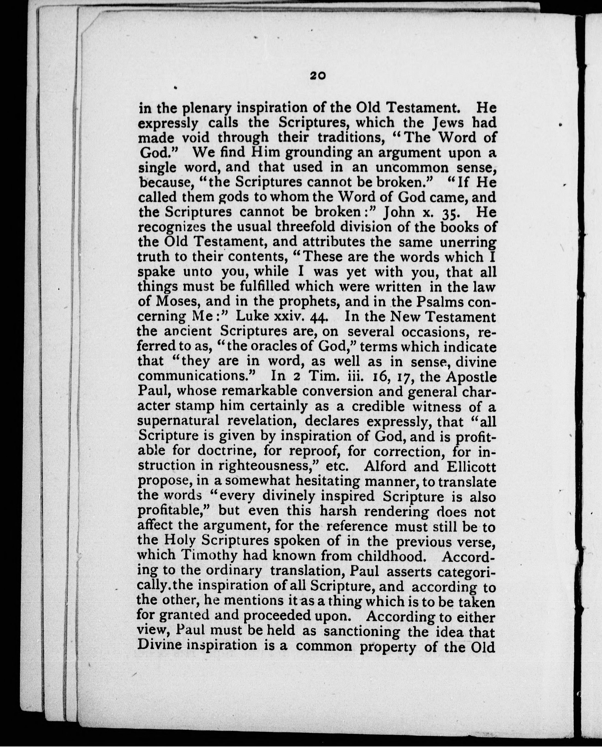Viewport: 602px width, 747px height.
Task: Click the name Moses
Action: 177,301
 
